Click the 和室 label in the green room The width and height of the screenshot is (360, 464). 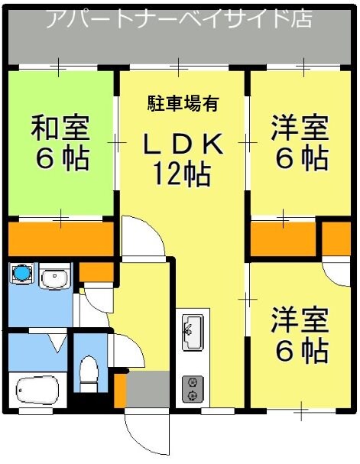click(x=60, y=128)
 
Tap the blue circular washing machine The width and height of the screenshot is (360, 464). click(x=21, y=274)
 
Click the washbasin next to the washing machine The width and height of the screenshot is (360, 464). click(x=54, y=278)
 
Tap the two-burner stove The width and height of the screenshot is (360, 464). click(x=191, y=388)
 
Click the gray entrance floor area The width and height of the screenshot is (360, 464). click(x=148, y=390)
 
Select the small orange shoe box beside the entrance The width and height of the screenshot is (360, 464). click(x=119, y=390)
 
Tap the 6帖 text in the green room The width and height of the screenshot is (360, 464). click(x=60, y=159)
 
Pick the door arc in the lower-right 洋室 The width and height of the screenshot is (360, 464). click(x=337, y=271)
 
